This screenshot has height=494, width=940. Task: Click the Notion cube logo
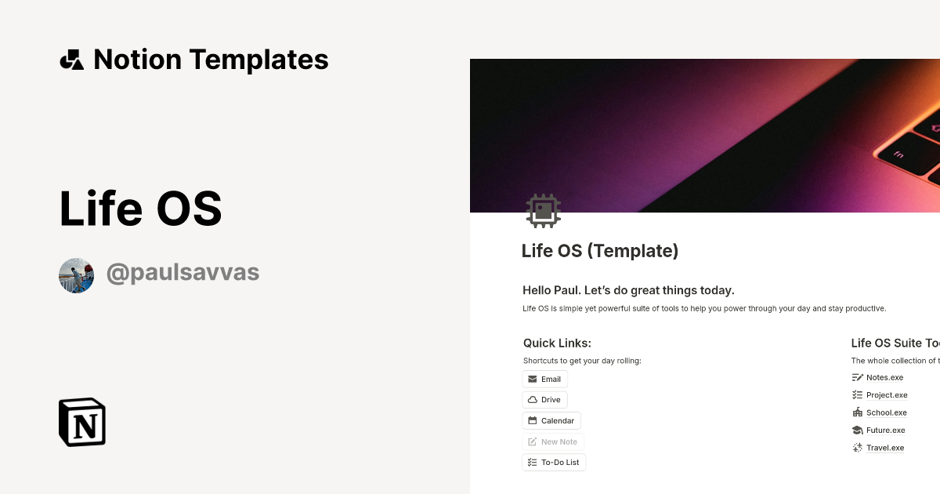coord(82,422)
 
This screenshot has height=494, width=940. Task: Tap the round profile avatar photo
coord(77,275)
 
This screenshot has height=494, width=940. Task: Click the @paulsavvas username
coord(183,273)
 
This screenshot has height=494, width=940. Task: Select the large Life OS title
coord(141,209)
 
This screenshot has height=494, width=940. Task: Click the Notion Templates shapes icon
coord(71,60)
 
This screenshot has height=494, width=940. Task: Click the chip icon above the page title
coord(544,211)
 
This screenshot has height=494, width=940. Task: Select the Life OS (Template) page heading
coord(600,251)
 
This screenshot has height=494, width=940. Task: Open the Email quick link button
coord(544,379)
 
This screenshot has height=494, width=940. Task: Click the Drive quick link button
coord(544,400)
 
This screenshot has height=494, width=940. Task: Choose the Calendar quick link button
coord(551,421)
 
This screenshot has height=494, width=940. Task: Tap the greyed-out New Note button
coord(553,441)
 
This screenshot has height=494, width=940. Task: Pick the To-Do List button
coord(554,463)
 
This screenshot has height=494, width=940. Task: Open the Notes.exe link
coord(884,377)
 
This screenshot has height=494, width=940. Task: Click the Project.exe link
coord(887,395)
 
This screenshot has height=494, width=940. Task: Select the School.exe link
coord(886,412)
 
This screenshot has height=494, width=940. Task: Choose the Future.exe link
coord(885,430)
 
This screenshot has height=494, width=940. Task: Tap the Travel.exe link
coord(884,448)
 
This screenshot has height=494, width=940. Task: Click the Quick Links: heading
coord(557,343)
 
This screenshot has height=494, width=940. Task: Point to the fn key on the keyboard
coord(898,155)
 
